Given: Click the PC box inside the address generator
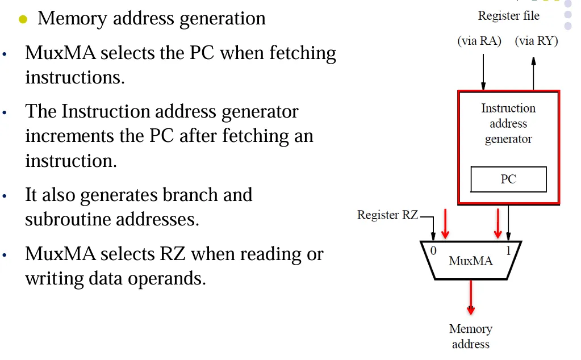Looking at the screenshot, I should click(508, 179).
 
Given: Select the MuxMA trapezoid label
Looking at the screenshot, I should click(471, 261).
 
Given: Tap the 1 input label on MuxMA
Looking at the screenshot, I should click(509, 250).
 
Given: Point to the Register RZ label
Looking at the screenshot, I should click(387, 215).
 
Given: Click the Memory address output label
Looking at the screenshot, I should click(470, 336).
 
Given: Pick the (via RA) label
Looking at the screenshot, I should click(479, 41).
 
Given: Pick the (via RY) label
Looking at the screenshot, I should click(536, 41).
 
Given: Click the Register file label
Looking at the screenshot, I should click(508, 16).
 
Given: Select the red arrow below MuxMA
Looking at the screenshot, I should click(470, 298).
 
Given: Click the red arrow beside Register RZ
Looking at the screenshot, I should click(445, 224).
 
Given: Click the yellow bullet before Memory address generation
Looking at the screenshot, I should click(23, 19).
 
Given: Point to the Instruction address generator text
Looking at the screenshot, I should click(508, 124).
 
